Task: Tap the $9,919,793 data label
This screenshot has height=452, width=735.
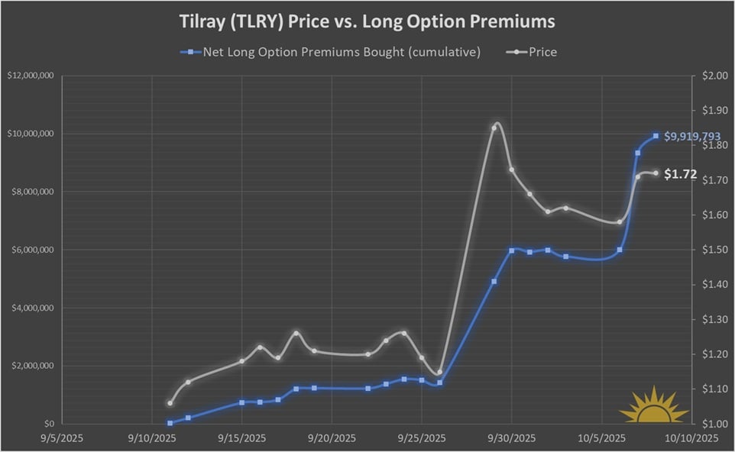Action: tap(692, 137)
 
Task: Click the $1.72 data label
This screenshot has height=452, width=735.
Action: tap(680, 174)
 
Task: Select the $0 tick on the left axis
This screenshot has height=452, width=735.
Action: tap(49, 424)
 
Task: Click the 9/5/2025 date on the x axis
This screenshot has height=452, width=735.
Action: tap(63, 438)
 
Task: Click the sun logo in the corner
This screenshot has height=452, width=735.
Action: tap(653, 405)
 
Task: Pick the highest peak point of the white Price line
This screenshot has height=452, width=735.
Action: tap(494, 128)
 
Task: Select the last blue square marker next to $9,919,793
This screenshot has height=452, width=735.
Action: tap(656, 136)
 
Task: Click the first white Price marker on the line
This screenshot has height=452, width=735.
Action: tap(170, 403)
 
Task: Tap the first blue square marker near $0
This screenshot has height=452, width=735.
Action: tap(170, 422)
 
